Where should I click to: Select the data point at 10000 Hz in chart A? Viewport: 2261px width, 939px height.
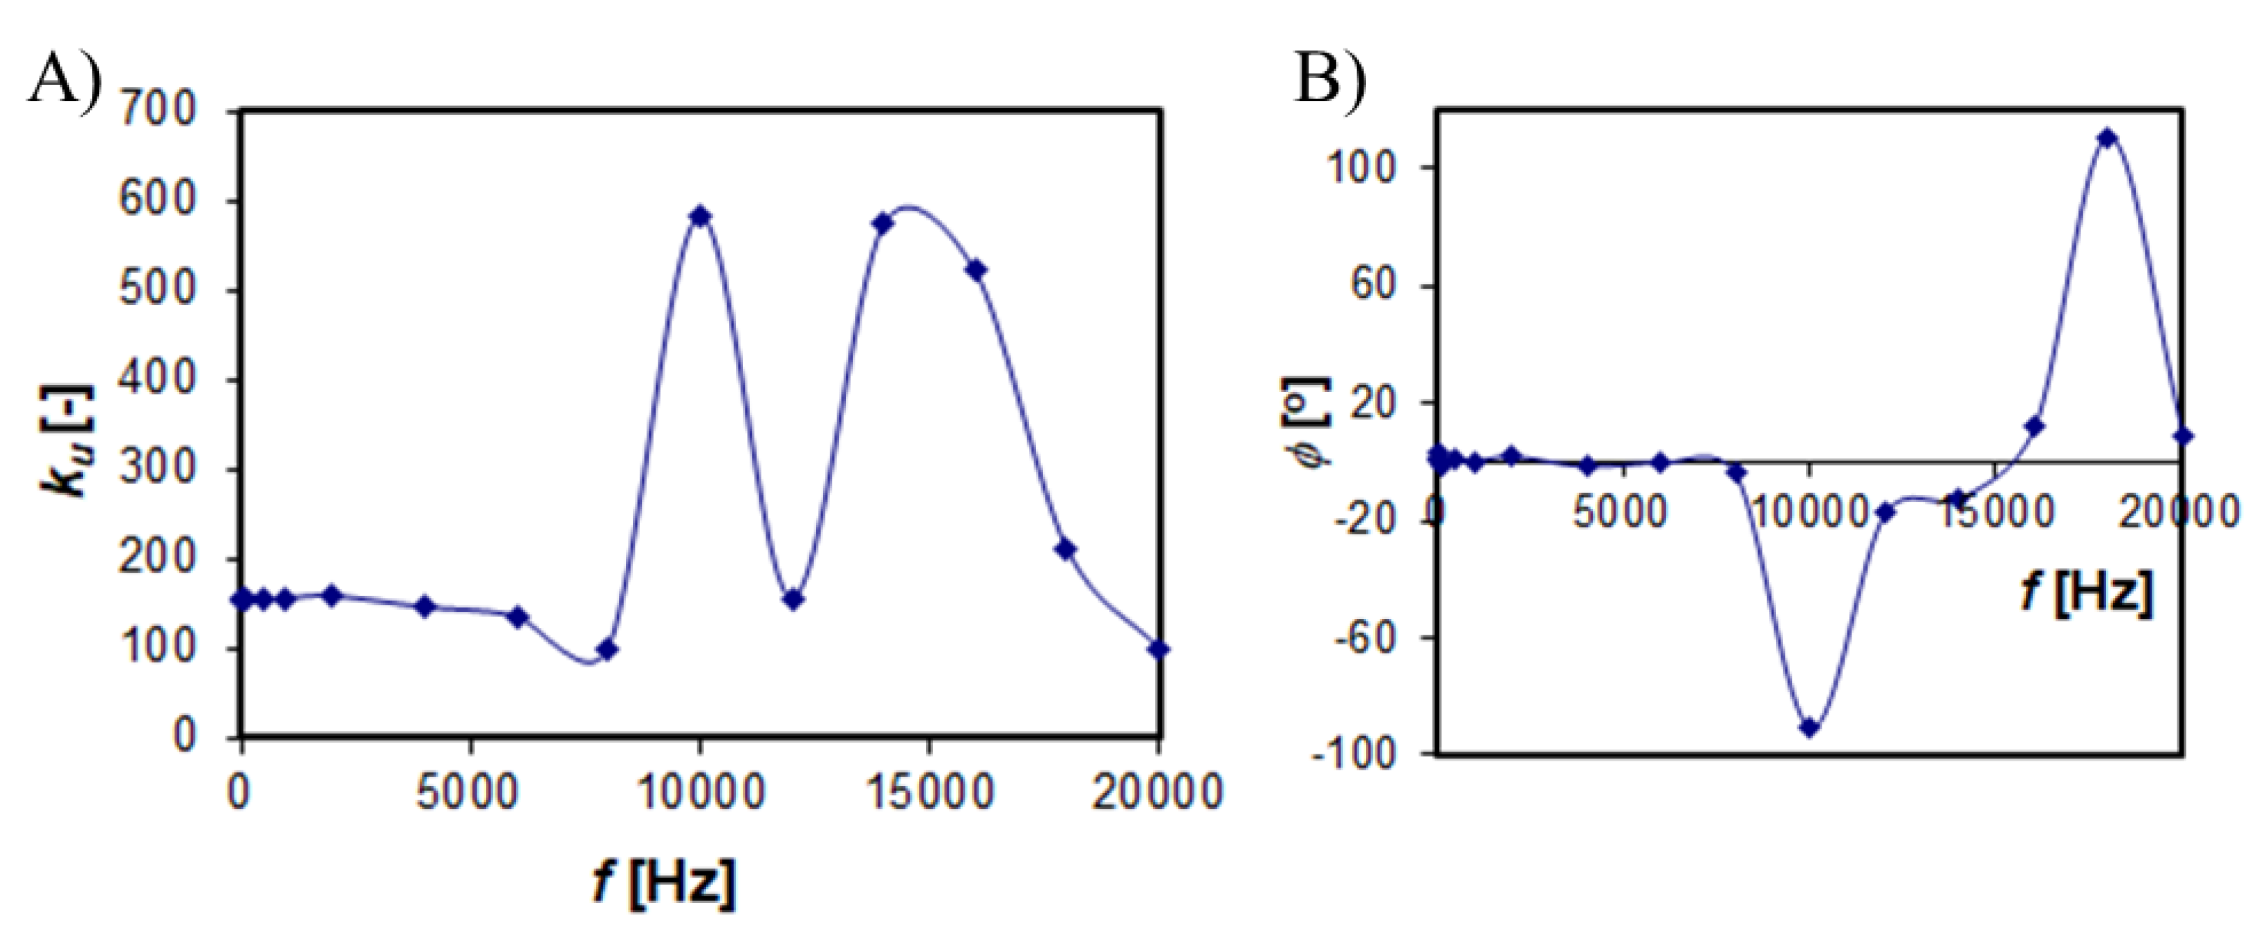coord(699,216)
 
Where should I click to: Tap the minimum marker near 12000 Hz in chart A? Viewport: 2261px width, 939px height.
coord(793,599)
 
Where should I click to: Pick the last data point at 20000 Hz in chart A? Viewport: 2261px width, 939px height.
coord(1159,649)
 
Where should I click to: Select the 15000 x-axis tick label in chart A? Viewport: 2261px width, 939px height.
coord(930,792)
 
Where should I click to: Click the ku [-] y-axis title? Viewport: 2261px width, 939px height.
coord(68,440)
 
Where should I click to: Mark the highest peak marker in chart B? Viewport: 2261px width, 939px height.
coord(2107,138)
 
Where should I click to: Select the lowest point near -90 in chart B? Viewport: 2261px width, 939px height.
coord(1809,727)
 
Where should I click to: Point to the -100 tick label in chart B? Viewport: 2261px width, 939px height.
coord(1351,754)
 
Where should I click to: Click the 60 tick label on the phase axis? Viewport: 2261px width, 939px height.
coord(1374,286)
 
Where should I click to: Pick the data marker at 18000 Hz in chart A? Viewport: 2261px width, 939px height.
coord(1066,549)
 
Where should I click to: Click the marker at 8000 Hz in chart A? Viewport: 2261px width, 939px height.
coord(607,650)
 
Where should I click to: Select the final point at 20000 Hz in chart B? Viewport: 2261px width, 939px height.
coord(2184,436)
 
